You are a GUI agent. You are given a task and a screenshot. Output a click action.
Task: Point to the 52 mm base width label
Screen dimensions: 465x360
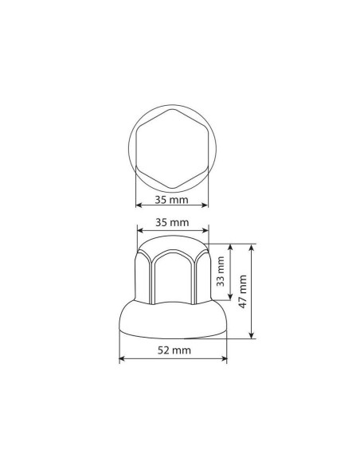(x=173, y=350)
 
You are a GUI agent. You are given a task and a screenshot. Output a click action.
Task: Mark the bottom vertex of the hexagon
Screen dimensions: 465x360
(x=173, y=180)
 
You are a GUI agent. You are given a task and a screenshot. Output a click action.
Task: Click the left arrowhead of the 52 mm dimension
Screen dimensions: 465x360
(x=122, y=359)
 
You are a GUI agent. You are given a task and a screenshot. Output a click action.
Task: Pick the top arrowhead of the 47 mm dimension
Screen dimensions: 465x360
(x=253, y=246)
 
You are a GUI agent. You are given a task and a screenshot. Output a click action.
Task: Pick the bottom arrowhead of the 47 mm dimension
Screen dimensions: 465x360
(x=253, y=337)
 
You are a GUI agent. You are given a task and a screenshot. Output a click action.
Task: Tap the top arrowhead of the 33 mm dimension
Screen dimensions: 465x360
(x=231, y=246)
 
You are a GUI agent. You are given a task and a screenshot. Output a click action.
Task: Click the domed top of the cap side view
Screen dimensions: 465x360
(x=173, y=243)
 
